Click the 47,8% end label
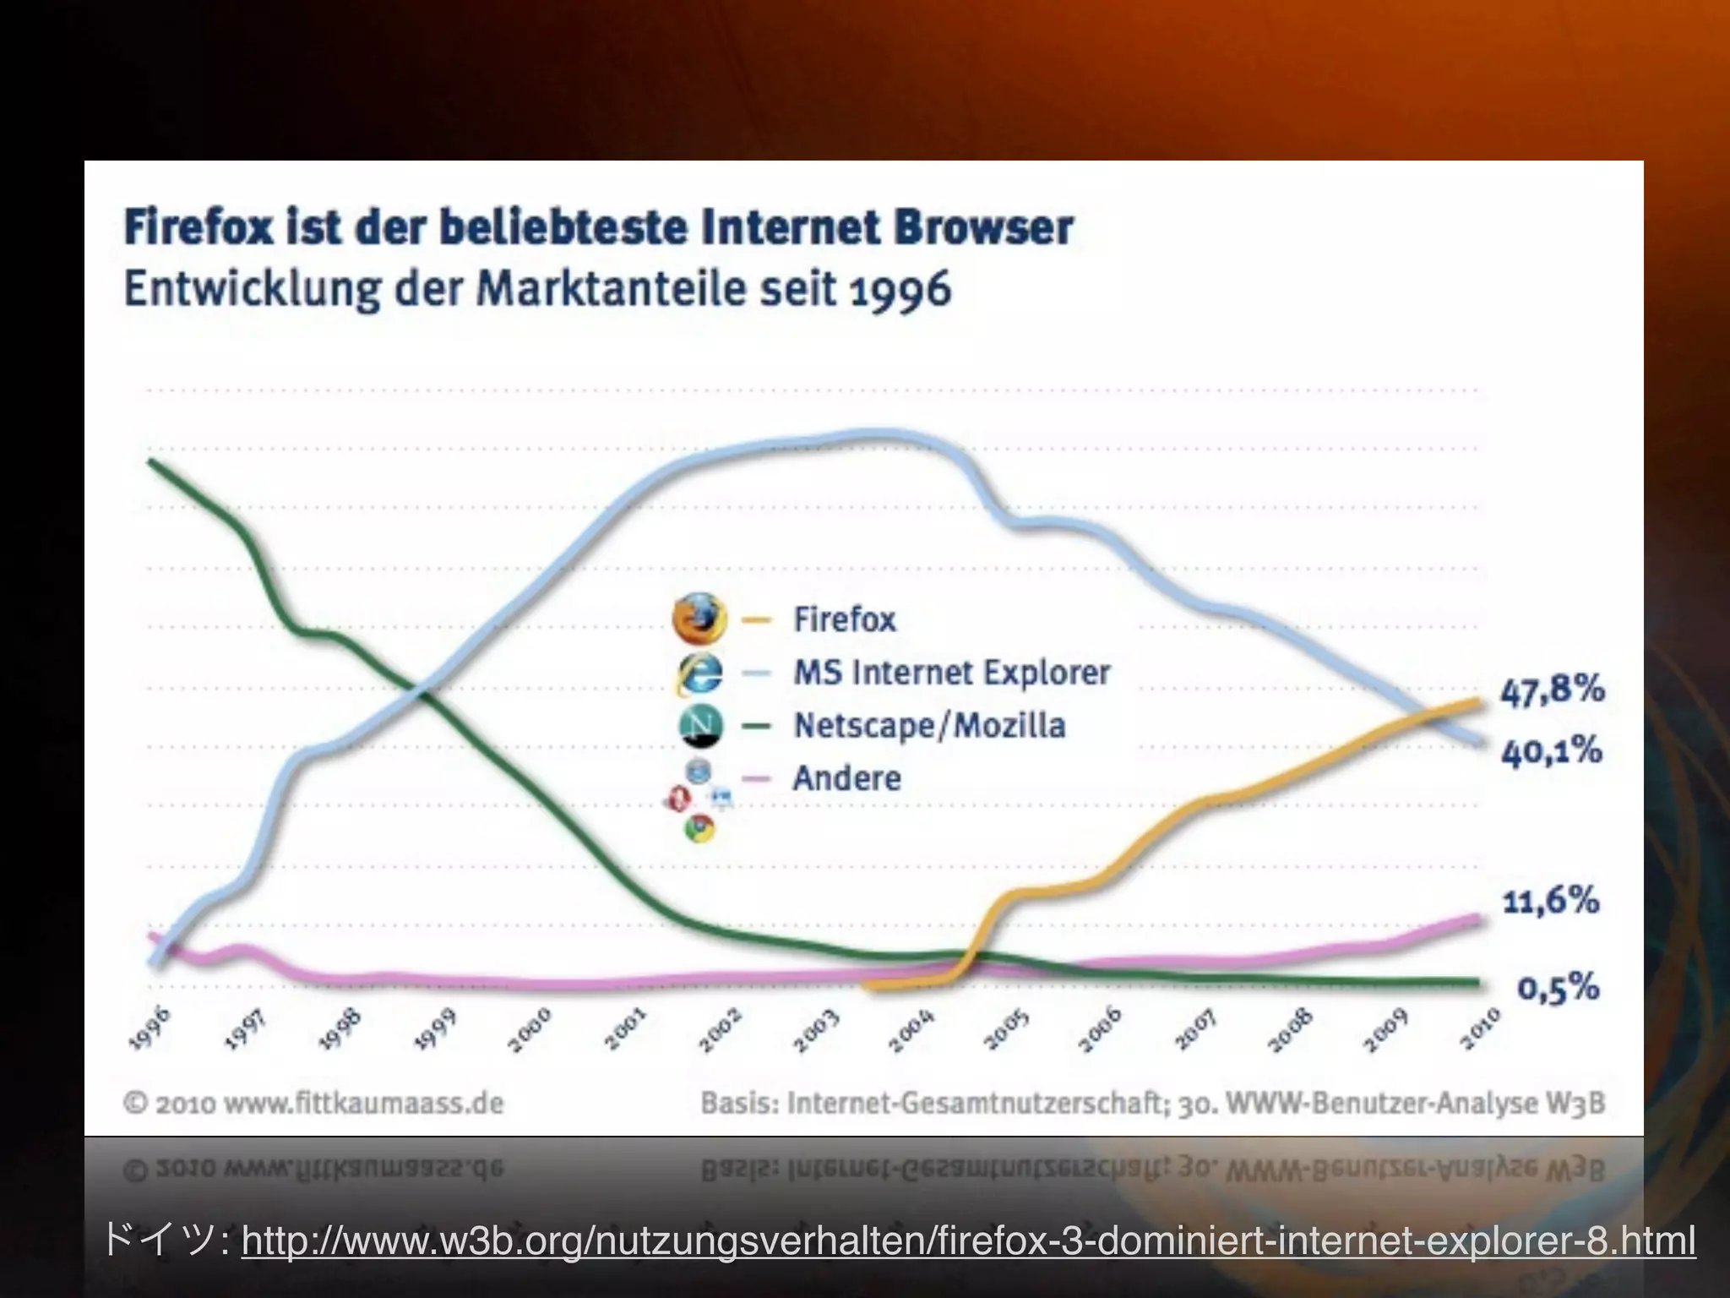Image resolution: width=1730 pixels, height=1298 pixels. point(1552,690)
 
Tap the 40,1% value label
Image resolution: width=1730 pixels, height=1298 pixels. point(1551,750)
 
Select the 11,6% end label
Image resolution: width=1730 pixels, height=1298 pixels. point(1551,901)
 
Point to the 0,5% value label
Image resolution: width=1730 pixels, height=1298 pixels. point(1558,987)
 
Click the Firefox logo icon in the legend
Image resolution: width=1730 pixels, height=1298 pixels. point(699,618)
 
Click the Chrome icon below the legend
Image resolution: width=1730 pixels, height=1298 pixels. point(699,828)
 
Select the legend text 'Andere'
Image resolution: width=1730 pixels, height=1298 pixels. point(846,778)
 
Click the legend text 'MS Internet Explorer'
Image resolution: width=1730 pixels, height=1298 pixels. point(951,673)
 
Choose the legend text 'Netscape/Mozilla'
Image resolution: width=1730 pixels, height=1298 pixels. point(929,726)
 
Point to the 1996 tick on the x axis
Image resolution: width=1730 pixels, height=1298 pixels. point(150,1028)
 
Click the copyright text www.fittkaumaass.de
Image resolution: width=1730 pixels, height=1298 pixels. point(329,1104)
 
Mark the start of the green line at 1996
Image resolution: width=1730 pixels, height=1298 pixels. point(151,461)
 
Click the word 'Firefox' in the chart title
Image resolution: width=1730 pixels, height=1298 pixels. point(199,228)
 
